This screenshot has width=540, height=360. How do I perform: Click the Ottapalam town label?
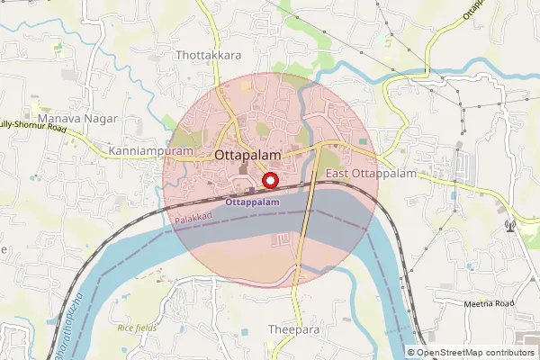click(247, 155)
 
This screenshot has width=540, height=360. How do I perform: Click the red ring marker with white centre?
click(268, 181)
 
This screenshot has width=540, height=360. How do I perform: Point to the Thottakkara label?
click(209, 56)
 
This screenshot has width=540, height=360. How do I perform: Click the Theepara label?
click(294, 330)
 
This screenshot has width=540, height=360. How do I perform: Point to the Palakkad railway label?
click(193, 218)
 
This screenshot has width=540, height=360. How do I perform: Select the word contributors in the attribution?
click(512, 352)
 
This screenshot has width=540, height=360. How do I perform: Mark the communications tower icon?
click(510, 225)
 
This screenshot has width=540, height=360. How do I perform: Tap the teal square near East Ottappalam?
click(364, 141)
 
